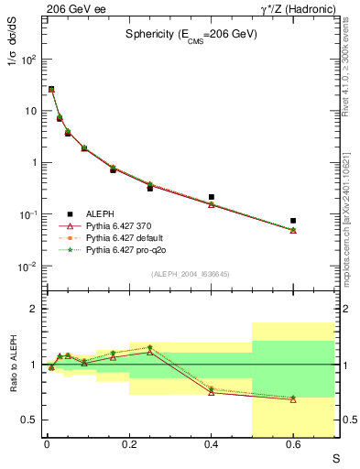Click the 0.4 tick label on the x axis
pos(212,446)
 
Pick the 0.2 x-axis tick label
pos(129,446)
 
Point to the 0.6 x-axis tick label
pos(293,446)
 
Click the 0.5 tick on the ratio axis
pos(30,420)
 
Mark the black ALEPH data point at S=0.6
pos(293,221)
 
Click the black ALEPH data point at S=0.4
pos(212,197)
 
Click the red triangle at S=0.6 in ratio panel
pos(293,399)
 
